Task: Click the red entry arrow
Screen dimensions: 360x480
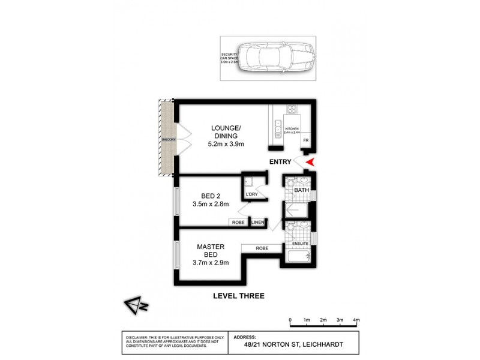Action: click(x=310, y=161)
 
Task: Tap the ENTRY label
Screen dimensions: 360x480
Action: click(x=281, y=162)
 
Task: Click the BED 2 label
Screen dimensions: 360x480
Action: click(x=210, y=195)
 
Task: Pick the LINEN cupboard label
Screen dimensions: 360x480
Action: click(x=258, y=223)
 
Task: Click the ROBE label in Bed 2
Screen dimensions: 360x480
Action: click(x=238, y=223)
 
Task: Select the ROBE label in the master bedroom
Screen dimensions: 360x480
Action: click(x=261, y=248)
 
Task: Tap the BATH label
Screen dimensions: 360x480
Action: click(x=301, y=191)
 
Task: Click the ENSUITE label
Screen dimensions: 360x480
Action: click(x=300, y=244)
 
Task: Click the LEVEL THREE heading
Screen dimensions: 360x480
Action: click(x=239, y=296)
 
